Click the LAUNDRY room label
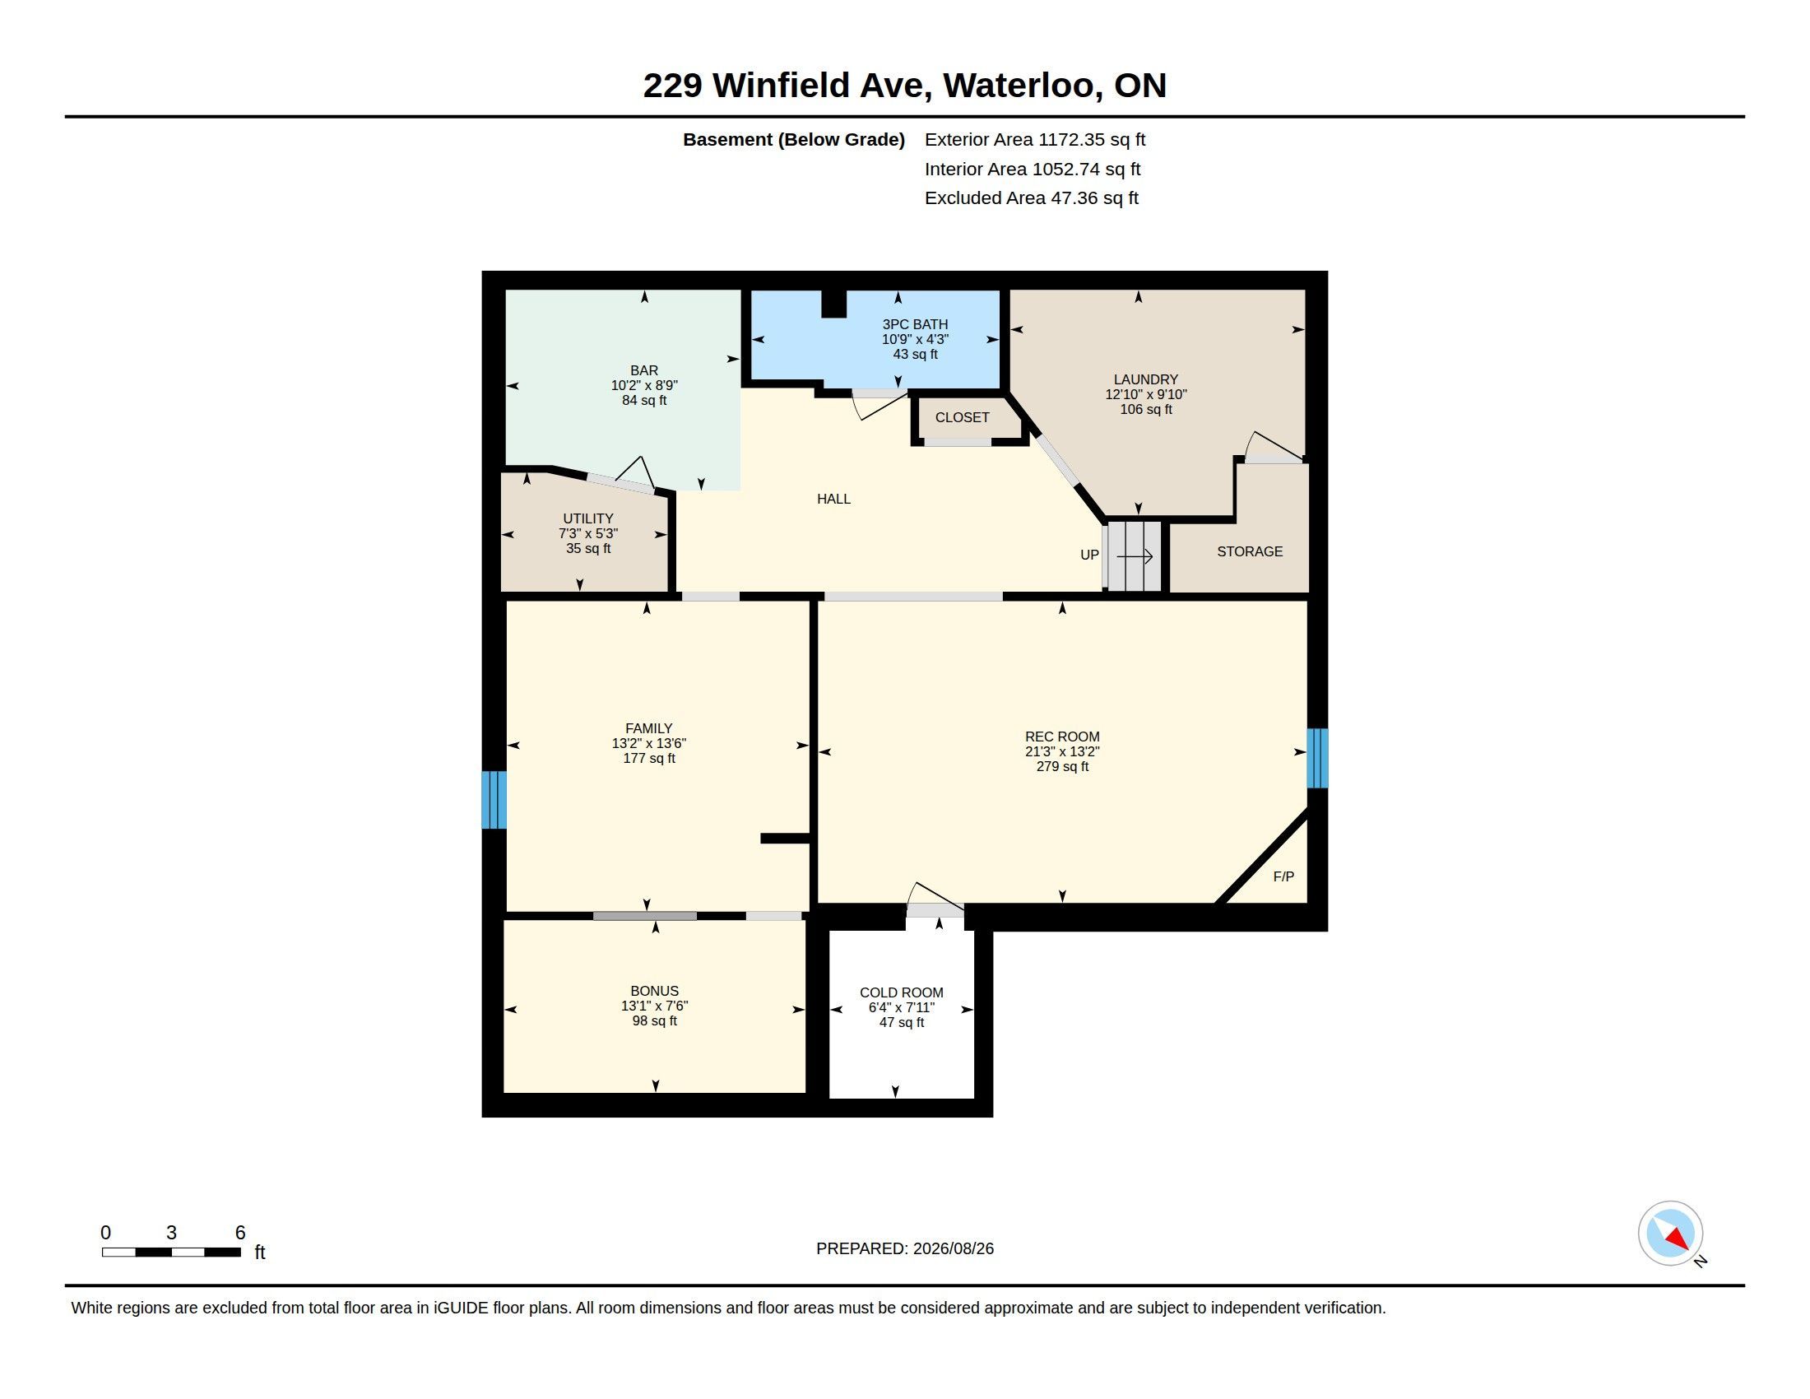1145,379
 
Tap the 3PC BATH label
915,324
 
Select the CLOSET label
963,418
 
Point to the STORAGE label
1250,551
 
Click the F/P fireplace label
1283,876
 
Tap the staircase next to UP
1134,555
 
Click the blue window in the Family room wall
494,800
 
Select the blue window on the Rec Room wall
1318,757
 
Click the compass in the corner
1671,1234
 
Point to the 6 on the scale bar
240,1233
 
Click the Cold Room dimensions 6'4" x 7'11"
902,1008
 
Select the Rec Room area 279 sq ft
1062,767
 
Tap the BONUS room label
655,992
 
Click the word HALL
833,499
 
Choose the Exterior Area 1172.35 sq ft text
1035,140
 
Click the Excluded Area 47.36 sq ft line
1032,198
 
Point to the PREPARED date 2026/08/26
953,1248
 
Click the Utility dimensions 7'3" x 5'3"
588,534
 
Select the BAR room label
644,370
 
